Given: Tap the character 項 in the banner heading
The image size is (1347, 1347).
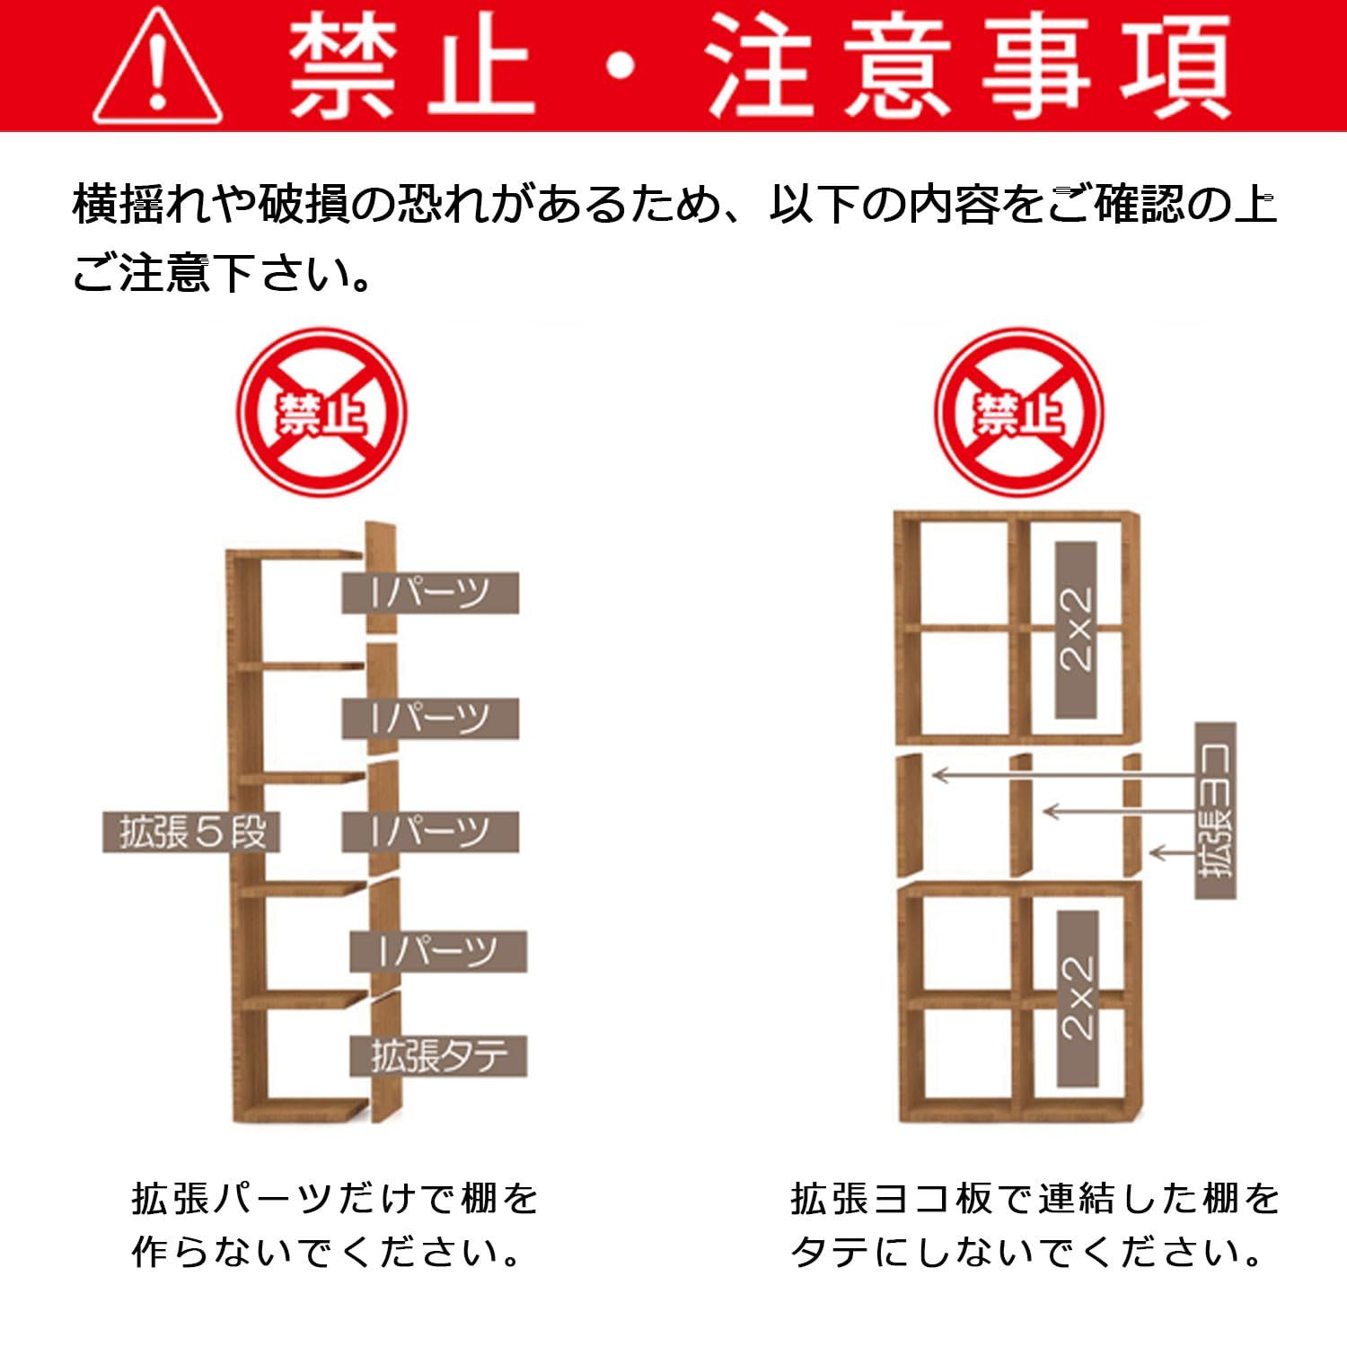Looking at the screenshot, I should [x=1173, y=67].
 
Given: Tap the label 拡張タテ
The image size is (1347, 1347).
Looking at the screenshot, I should [x=439, y=1056].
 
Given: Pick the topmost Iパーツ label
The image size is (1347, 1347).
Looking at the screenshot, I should [x=430, y=593].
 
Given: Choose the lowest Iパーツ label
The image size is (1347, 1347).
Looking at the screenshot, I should [x=438, y=951].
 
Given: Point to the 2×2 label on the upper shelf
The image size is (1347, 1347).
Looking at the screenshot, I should [x=1076, y=629].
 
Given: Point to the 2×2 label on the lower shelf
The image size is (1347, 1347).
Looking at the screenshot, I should [x=1077, y=998].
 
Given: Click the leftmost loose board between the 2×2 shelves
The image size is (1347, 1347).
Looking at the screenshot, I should [x=910, y=815].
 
